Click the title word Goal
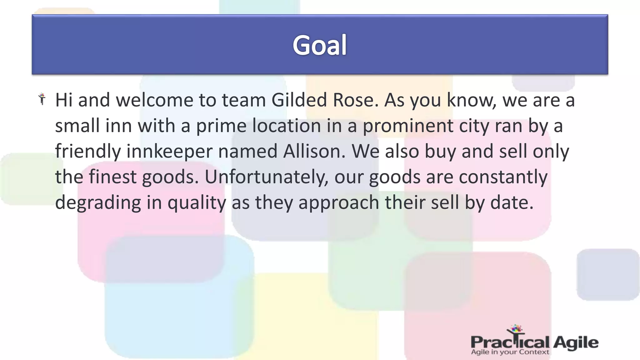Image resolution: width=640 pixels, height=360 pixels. click(319, 45)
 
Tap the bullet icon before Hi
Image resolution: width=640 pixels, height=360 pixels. click(42, 99)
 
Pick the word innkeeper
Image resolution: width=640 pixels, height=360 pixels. click(169, 151)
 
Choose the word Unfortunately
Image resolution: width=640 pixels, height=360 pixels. click(266, 177)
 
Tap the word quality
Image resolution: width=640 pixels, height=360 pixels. click(197, 202)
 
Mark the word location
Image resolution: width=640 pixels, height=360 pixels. click(287, 126)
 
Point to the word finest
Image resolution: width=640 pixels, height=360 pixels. click(112, 177)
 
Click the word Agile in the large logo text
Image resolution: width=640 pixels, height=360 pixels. click(576, 343)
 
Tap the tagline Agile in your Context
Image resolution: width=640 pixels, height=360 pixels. click(510, 352)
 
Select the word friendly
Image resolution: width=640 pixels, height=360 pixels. click(88, 151)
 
